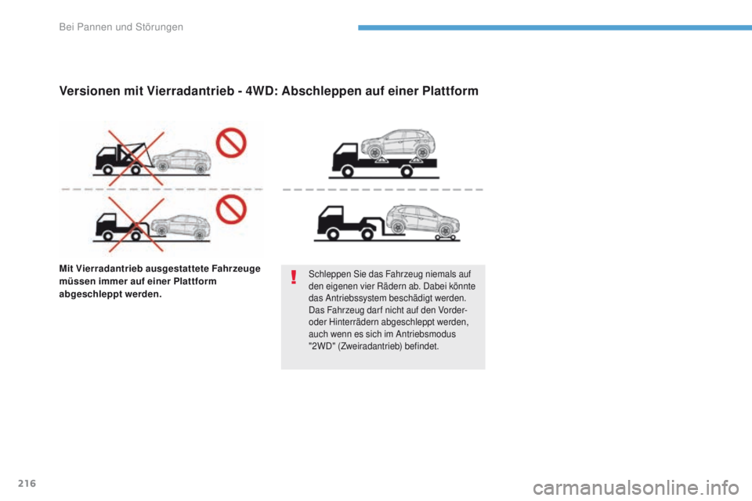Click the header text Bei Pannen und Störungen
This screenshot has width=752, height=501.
click(121, 27)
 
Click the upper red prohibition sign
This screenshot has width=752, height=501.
click(231, 143)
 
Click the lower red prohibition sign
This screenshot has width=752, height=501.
click(231, 208)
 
